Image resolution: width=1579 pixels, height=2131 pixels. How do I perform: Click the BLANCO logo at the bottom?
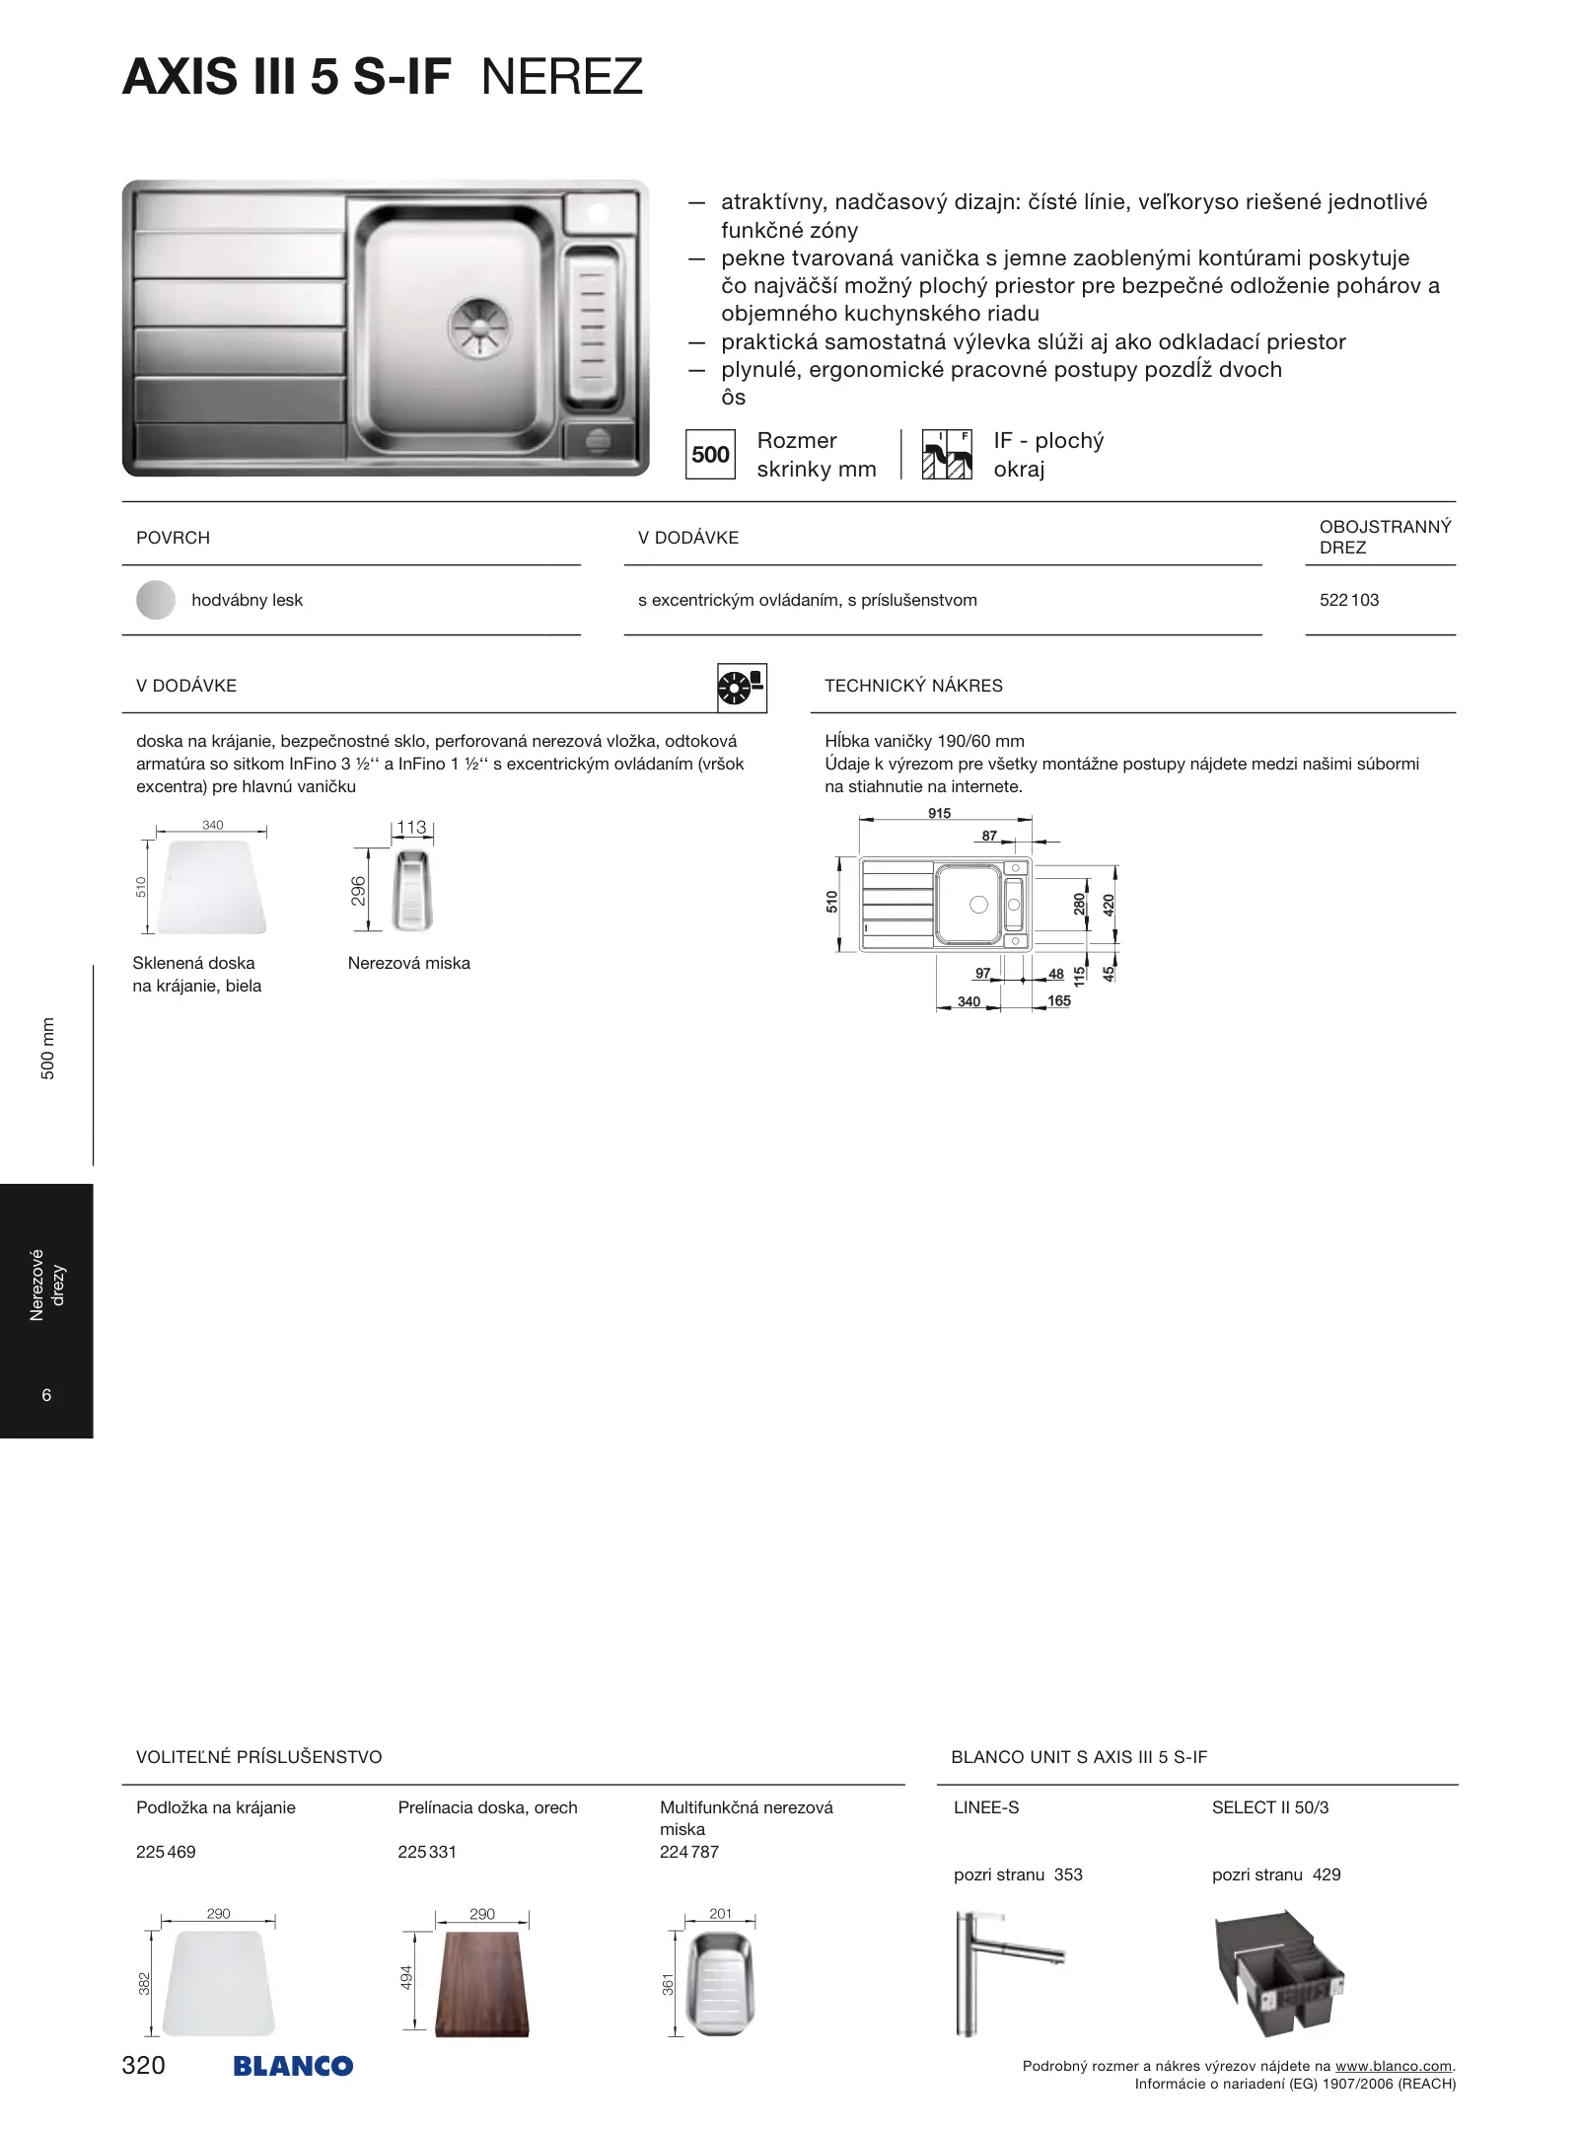pyautogui.click(x=293, y=2066)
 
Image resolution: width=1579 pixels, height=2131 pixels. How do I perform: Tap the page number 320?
pyautogui.click(x=143, y=2065)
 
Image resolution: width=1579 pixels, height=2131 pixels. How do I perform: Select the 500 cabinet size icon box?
pyautogui.click(x=710, y=455)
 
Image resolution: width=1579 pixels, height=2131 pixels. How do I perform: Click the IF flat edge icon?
pyautogui.click(x=946, y=455)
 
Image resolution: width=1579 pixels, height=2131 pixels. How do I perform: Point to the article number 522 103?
pyautogui.click(x=1349, y=600)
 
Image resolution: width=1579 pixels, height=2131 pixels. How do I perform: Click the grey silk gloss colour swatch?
pyautogui.click(x=156, y=600)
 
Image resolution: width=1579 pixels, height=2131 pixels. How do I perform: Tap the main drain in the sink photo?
pyautogui.click(x=480, y=328)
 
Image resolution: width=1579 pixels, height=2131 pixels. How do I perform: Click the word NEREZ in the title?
pyautogui.click(x=561, y=77)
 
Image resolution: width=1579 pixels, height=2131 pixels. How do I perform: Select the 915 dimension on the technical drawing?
pyautogui.click(x=939, y=814)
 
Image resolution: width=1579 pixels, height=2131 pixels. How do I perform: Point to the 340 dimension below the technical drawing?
pyautogui.click(x=969, y=1001)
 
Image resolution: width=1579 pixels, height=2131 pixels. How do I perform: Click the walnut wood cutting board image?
pyautogui.click(x=482, y=1984)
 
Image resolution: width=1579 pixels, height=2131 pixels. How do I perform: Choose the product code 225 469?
pyautogui.click(x=166, y=1852)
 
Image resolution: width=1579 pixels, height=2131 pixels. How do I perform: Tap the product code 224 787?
pyautogui.click(x=689, y=1852)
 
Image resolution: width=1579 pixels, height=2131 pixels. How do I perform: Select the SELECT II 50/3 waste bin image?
pyautogui.click(x=1279, y=1973)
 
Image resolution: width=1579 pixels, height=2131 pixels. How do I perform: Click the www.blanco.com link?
pyautogui.click(x=1394, y=2066)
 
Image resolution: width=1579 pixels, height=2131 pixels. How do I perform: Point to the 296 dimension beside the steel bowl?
pyautogui.click(x=358, y=891)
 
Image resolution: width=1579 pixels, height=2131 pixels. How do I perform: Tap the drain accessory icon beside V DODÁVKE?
pyautogui.click(x=742, y=687)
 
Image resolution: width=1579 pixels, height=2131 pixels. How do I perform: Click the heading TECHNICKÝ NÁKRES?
pyautogui.click(x=913, y=686)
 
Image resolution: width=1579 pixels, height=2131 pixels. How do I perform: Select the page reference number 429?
pyautogui.click(x=1327, y=1874)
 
